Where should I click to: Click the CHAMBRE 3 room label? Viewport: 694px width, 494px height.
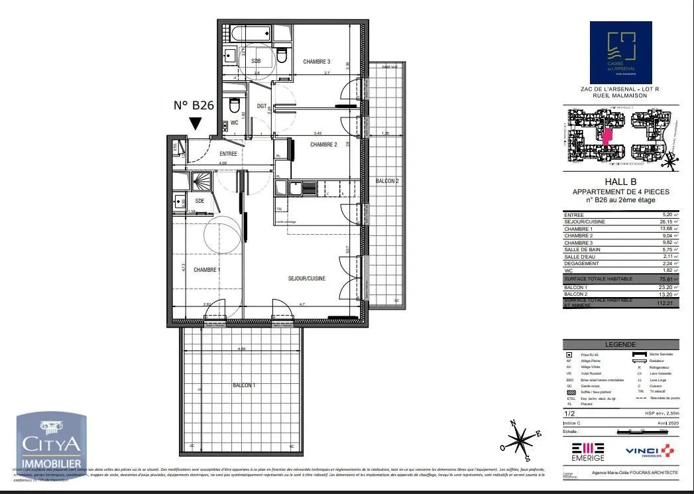pyautogui.click(x=317, y=62)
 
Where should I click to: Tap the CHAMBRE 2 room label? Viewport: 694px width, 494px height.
pyautogui.click(x=323, y=145)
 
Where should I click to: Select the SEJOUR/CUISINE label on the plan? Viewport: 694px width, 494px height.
pyautogui.click(x=306, y=278)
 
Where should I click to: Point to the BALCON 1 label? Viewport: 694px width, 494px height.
pyautogui.click(x=244, y=385)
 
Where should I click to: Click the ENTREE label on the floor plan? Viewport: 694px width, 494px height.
pyautogui.click(x=228, y=154)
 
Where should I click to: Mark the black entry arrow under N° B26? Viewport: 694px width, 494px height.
pyautogui.click(x=196, y=123)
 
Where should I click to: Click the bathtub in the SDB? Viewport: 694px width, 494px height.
pyautogui.click(x=249, y=33)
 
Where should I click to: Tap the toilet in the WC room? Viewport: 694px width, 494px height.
pyautogui.click(x=234, y=106)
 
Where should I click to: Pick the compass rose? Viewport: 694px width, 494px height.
pyautogui.click(x=523, y=440)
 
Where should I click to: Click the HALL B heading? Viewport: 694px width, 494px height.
pyautogui.click(x=620, y=183)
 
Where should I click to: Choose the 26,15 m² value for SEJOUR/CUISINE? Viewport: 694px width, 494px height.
pyautogui.click(x=671, y=222)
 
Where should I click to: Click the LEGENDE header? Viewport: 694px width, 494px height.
pyautogui.click(x=620, y=345)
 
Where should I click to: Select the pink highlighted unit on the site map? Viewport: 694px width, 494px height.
pyautogui.click(x=607, y=135)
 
